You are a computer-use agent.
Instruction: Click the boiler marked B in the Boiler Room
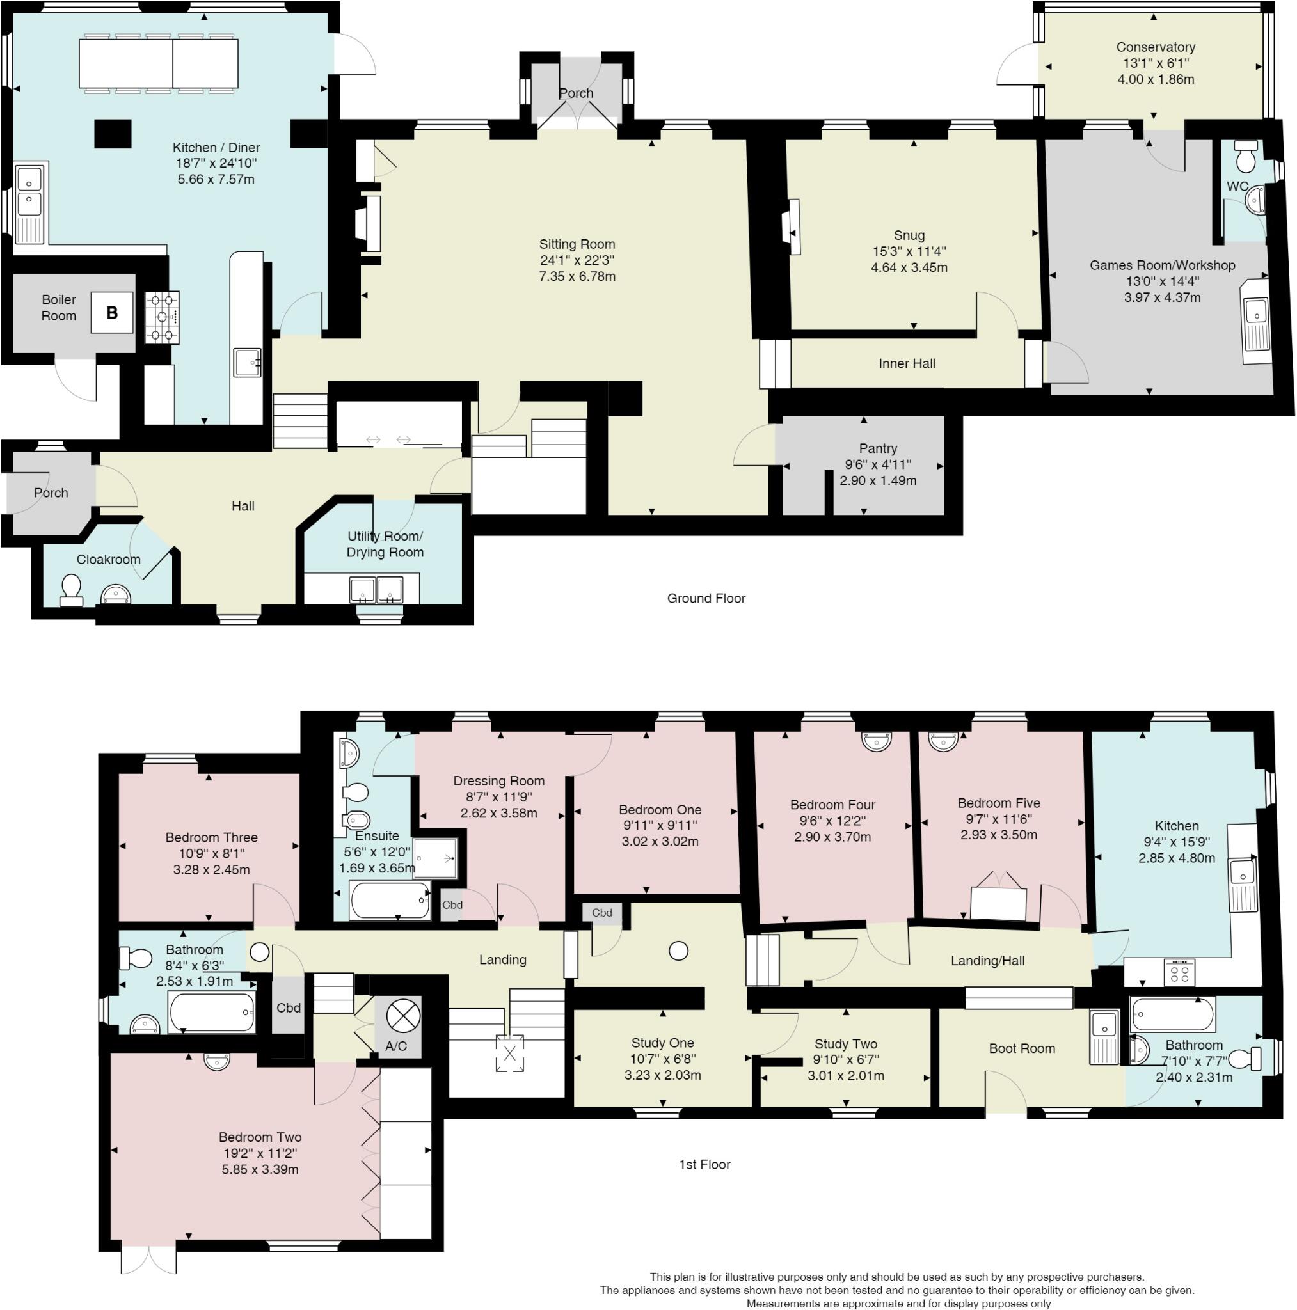(112, 313)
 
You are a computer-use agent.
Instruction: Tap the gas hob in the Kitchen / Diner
(161, 317)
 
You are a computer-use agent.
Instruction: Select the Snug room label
(909, 235)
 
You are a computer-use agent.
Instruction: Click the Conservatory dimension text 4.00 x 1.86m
(1155, 79)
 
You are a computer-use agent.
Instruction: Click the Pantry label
(877, 448)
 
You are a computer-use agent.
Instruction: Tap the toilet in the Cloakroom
(71, 589)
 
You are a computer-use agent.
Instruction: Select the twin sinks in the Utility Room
(375, 588)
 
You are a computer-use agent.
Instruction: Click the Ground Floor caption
(706, 598)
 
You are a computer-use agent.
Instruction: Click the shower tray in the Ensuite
(436, 858)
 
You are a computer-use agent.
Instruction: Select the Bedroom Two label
(260, 1137)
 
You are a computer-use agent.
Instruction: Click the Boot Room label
(1021, 1048)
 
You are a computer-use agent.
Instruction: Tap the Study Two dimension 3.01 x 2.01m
(845, 1075)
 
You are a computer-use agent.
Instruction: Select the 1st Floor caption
(704, 1164)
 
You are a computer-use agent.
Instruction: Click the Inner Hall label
(906, 363)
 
